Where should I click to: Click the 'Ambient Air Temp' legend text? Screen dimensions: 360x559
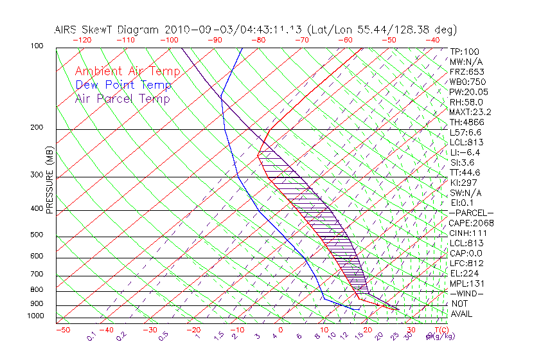127,71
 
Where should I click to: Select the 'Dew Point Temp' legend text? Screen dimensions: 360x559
123,85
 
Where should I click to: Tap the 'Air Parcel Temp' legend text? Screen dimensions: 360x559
123,98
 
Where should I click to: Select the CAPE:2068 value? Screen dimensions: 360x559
470,223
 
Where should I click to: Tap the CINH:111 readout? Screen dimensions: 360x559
468,233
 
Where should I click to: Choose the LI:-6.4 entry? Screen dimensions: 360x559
465,152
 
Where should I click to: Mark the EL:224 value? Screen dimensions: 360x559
464,273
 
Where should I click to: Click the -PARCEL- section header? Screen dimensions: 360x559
471,213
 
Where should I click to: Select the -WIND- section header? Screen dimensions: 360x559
466,293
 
